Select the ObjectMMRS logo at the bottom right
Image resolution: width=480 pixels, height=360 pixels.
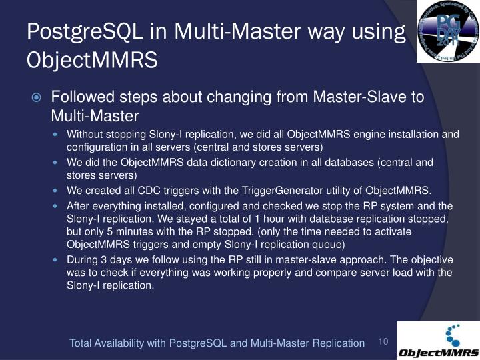pyautogui.click(x=438, y=341)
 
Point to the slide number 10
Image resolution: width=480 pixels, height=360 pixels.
pyautogui.click(x=383, y=342)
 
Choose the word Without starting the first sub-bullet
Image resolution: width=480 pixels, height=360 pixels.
pyautogui.click(x=84, y=134)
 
